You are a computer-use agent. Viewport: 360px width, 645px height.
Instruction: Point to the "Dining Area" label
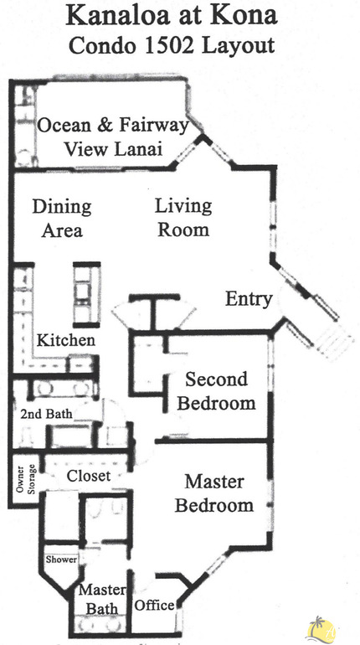click(x=61, y=217)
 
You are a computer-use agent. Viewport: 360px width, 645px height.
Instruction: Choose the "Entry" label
click(x=249, y=299)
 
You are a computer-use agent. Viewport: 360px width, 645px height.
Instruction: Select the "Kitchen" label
click(x=65, y=341)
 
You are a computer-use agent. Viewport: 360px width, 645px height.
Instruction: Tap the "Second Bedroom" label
click(x=216, y=391)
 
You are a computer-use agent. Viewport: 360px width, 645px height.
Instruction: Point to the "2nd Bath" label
click(x=46, y=413)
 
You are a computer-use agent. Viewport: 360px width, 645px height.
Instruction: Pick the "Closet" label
click(x=89, y=476)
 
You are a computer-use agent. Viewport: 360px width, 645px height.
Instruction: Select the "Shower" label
click(x=61, y=560)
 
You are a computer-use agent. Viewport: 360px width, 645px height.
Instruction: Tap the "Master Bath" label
click(x=100, y=598)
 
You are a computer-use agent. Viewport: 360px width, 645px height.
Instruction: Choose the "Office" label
click(x=154, y=605)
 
